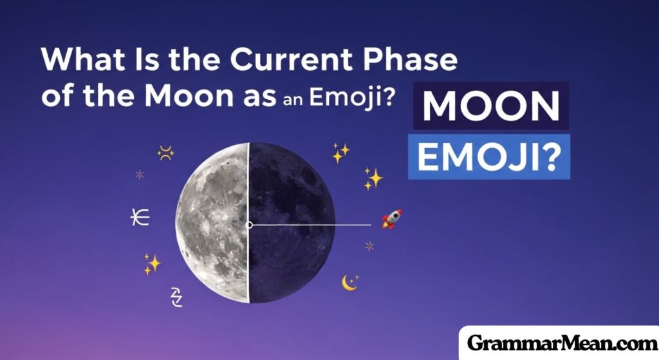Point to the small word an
click(x=293, y=102)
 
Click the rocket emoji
click(x=391, y=219)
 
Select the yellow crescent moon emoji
click(x=349, y=282)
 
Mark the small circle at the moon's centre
click(x=249, y=225)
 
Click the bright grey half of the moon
click(x=213, y=222)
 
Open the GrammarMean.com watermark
click(x=558, y=343)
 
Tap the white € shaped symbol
click(x=139, y=218)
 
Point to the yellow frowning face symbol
click(x=165, y=153)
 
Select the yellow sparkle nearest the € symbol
click(x=152, y=263)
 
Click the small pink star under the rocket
click(x=369, y=245)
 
